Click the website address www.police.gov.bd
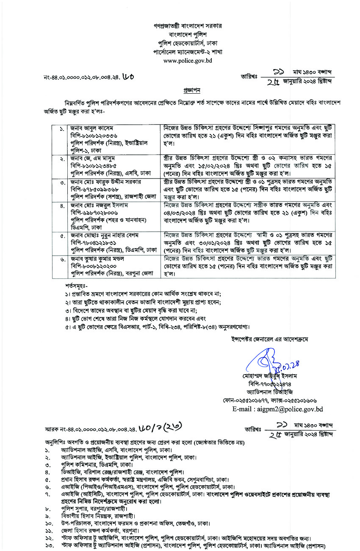[187, 61]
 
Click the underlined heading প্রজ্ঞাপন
[191, 91]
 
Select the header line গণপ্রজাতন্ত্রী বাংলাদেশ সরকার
[187, 26]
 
